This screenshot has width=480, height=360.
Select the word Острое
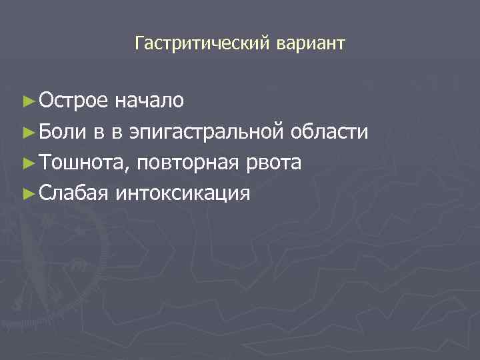coord(73,101)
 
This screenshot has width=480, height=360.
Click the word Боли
coord(61,132)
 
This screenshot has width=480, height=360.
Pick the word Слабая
coord(73,193)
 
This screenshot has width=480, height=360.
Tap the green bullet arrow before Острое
coord(28,102)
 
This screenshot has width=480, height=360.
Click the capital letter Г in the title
coord(139,44)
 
